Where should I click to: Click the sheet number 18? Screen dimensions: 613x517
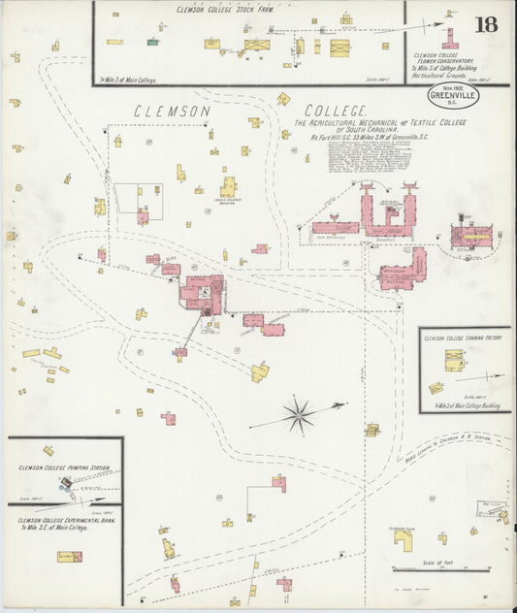[x=486, y=24]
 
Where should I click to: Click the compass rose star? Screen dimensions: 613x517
[x=299, y=415]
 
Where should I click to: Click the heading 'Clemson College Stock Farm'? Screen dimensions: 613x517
[x=225, y=9]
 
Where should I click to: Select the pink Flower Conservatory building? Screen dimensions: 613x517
[x=449, y=40]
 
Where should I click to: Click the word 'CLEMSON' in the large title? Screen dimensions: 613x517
[x=172, y=113]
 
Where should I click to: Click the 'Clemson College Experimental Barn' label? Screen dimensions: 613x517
[x=60, y=519]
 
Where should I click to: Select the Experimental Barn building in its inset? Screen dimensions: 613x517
[x=69, y=557]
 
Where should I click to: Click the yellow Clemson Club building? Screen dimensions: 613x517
[x=403, y=539]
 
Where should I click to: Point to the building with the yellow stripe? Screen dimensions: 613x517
[x=471, y=235]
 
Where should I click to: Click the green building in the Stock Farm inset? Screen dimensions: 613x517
[x=152, y=42]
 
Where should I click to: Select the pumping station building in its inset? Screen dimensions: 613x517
[x=66, y=482]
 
